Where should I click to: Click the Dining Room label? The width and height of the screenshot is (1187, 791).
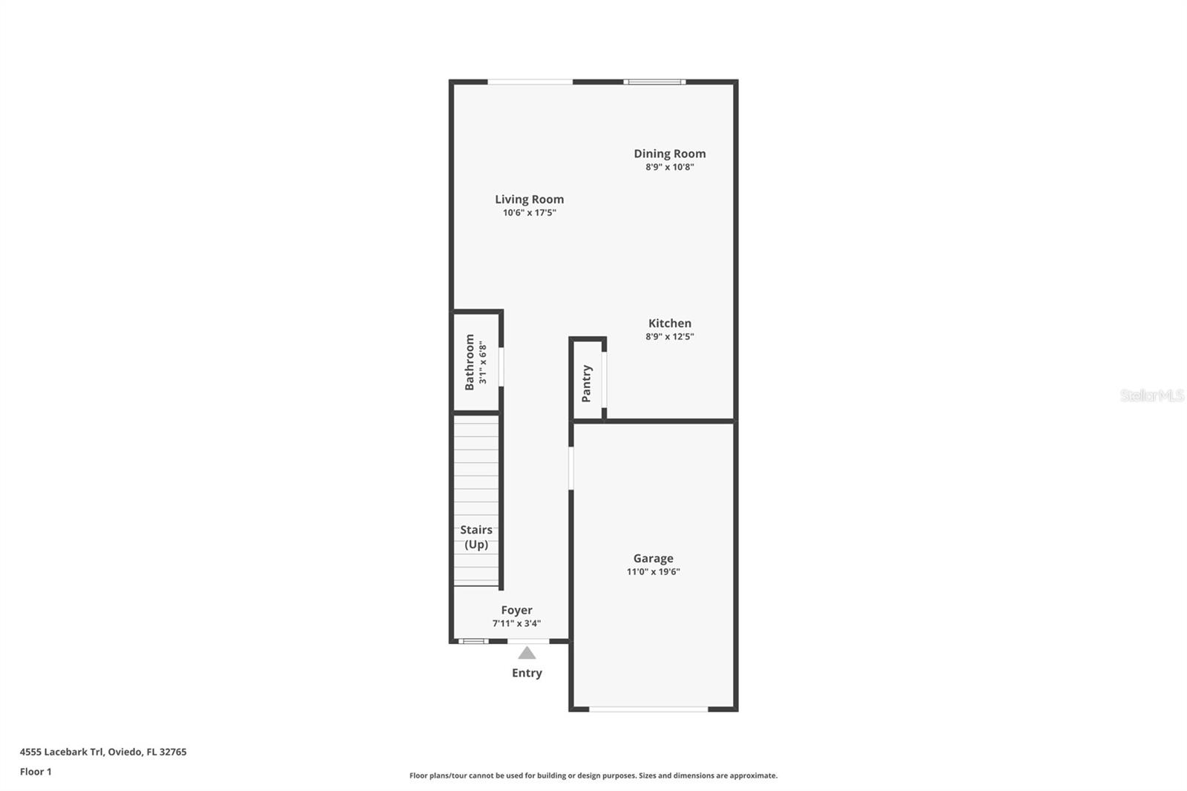(669, 154)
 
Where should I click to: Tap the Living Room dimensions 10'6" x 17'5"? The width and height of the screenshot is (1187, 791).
(529, 213)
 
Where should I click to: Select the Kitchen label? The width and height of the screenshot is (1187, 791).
(669, 323)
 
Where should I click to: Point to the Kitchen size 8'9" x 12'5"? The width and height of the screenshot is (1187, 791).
(669, 337)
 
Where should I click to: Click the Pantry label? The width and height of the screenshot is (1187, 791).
(587, 383)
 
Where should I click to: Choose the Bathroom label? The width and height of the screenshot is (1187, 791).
(470, 362)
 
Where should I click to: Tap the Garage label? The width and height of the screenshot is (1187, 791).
(653, 558)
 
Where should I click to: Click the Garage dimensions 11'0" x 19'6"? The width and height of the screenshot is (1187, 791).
(653, 572)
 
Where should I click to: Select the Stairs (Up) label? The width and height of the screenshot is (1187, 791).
(476, 536)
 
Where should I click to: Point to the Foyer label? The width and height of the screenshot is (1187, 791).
(516, 610)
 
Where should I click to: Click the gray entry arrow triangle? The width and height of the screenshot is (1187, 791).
(527, 653)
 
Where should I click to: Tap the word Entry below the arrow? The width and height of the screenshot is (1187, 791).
(527, 673)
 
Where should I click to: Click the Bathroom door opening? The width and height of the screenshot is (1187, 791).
(502, 367)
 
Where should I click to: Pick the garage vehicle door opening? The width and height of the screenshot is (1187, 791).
(648, 709)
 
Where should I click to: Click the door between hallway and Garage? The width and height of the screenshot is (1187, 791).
(571, 467)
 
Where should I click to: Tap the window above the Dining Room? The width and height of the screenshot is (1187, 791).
(654, 82)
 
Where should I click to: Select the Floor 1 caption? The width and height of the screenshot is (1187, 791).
(36, 772)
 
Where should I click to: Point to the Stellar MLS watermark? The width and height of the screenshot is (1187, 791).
(1151, 395)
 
